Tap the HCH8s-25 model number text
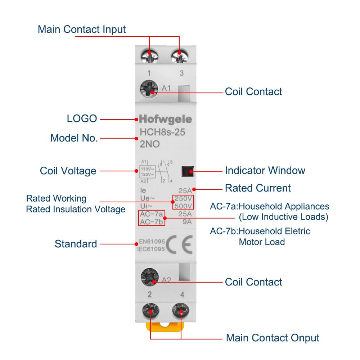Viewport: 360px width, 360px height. tap(162, 132)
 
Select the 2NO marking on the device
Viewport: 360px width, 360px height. tap(149, 145)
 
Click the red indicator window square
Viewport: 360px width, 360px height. tap(188, 171)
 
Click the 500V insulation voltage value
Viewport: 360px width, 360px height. tap(183, 206)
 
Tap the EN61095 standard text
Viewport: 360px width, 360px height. tap(152, 241)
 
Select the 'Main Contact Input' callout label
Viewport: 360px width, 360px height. tap(82, 30)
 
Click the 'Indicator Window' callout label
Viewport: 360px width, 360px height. tap(265, 170)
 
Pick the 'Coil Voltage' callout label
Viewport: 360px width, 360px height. tap(68, 171)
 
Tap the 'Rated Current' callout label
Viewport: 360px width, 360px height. tap(258, 188)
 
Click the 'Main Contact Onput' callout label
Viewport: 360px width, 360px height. tap(273, 338)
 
